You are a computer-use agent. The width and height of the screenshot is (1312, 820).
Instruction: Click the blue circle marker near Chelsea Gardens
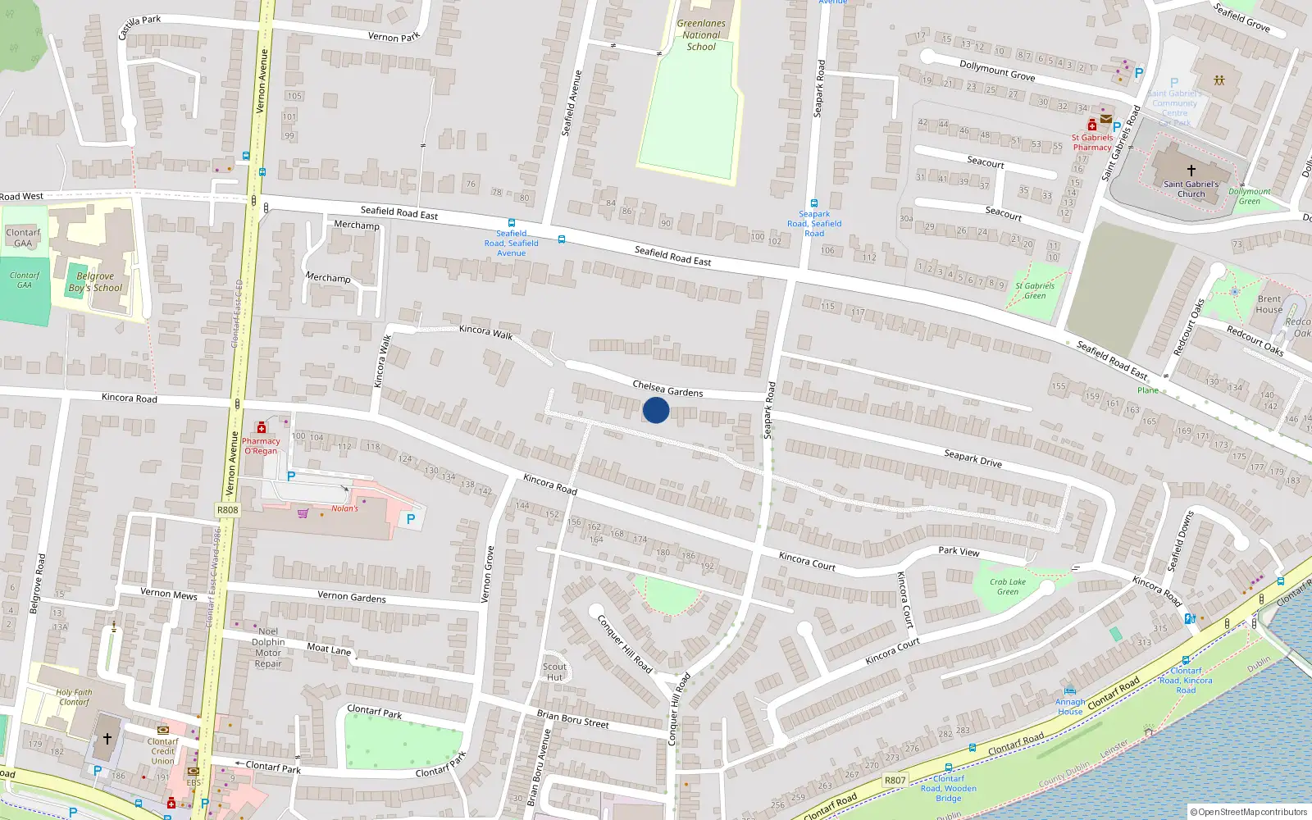[655, 410]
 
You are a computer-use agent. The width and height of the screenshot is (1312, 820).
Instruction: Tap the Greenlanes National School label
[701, 35]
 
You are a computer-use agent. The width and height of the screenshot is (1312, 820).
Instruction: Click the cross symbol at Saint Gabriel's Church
[1191, 171]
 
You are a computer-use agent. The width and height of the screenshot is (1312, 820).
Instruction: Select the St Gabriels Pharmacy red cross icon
[1092, 125]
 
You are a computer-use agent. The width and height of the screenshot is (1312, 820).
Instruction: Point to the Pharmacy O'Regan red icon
[262, 427]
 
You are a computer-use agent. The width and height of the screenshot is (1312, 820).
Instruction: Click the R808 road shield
[228, 510]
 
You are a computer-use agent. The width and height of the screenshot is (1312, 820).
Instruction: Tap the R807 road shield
[895, 780]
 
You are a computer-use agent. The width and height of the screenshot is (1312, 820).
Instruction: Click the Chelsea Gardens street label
[667, 389]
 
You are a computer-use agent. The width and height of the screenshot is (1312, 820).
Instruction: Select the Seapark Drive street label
[973, 458]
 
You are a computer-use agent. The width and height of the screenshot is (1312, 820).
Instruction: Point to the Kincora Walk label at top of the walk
[485, 331]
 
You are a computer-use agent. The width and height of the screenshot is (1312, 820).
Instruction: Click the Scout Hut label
[554, 672]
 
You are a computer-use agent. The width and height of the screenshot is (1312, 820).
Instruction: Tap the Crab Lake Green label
[1008, 586]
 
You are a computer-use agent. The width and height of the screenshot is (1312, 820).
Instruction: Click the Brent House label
[1269, 304]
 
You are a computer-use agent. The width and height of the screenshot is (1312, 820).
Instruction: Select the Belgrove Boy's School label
[95, 282]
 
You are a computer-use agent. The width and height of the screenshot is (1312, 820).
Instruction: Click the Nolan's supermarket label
[344, 508]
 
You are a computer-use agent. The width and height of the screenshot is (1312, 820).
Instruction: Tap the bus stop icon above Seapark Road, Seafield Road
[813, 203]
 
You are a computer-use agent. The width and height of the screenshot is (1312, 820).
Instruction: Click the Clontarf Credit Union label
[162, 751]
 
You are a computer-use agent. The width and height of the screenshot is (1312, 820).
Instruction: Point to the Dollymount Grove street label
[997, 71]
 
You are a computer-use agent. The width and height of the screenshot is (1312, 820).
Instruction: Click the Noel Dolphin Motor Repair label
[268, 648]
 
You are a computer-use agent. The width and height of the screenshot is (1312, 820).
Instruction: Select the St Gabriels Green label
[1035, 290]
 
